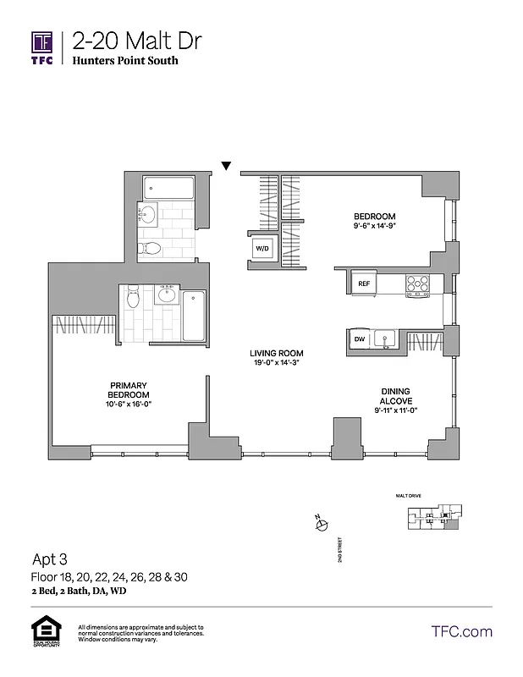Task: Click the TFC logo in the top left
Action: tap(42, 48)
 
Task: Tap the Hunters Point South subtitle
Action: tap(124, 61)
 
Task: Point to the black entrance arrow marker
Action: tap(226, 166)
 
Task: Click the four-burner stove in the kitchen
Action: tap(417, 284)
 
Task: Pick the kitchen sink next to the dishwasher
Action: tap(385, 339)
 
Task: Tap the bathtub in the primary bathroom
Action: tap(195, 314)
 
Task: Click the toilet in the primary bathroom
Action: tap(132, 298)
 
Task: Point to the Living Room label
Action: tap(276, 353)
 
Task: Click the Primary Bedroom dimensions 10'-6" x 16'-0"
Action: tap(129, 405)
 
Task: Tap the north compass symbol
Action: tap(320, 526)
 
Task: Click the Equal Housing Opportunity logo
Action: tap(42, 632)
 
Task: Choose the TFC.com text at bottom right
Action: tap(461, 631)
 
